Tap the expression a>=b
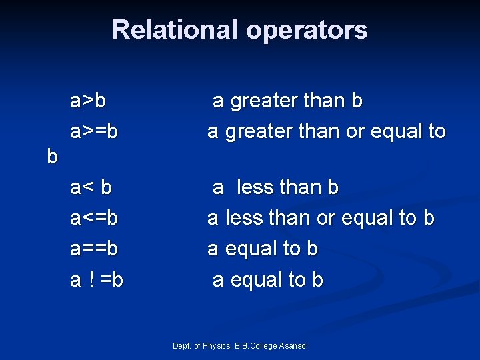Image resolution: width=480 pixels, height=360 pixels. tap(94, 131)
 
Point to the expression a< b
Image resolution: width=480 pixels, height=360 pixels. tap(91, 187)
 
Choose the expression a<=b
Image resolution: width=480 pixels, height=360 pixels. tap(94, 218)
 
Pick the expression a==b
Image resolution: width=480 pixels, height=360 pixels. tap(94, 249)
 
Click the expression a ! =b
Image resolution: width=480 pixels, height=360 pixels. tap(97, 280)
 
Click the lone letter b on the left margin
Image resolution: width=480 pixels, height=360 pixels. tap(53, 157)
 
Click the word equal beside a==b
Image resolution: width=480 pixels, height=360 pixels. tap(253, 249)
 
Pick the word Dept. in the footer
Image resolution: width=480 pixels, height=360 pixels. tap(181, 345)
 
